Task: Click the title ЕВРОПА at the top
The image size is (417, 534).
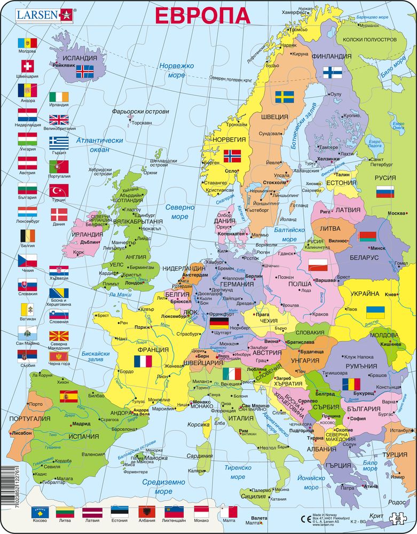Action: coord(202,14)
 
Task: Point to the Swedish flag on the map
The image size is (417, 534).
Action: coord(285,97)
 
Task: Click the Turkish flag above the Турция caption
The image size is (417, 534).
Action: coord(58,190)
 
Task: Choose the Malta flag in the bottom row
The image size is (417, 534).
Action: coord(228,512)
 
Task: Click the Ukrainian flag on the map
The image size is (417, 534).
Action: coord(375,312)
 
